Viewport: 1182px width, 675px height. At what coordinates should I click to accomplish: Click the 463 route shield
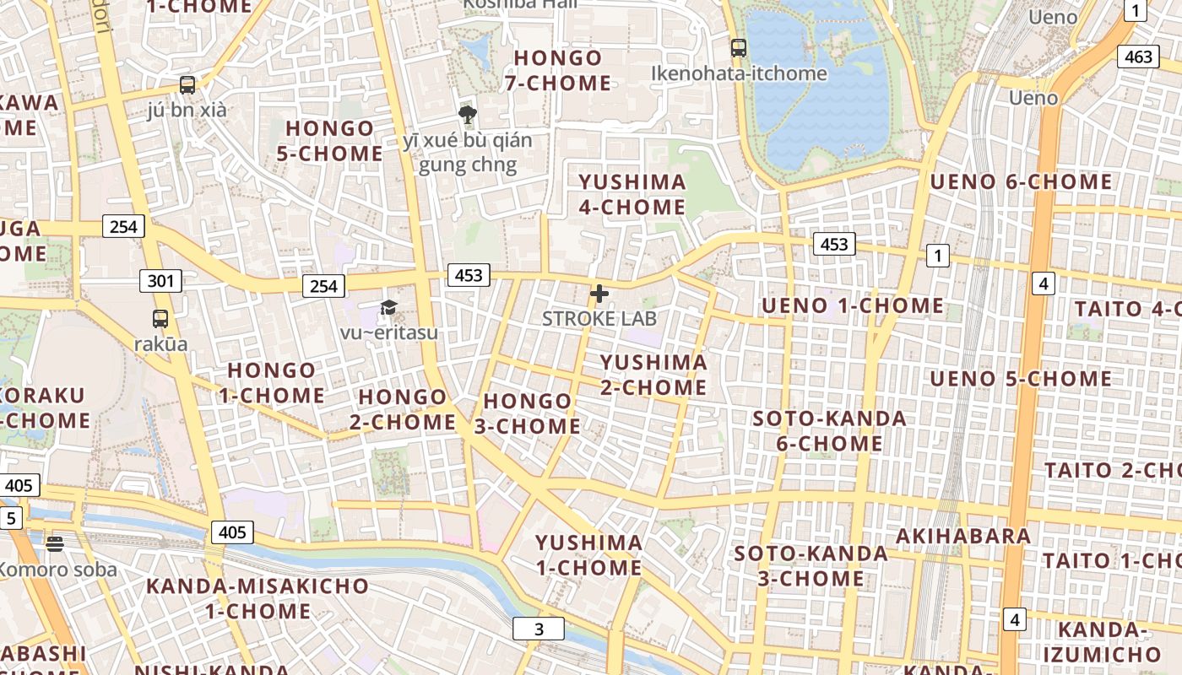pos(1138,57)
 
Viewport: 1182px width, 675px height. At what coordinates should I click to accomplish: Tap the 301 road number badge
pos(160,280)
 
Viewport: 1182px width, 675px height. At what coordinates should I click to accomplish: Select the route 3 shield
pos(539,629)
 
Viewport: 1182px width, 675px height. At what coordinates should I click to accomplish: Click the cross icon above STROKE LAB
pos(599,294)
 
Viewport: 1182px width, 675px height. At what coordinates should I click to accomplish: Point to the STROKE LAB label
pos(599,319)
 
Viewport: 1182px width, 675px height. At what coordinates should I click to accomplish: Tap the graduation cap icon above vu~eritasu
pos(388,307)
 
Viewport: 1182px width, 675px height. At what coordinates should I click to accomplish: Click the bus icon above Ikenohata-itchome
pos(739,48)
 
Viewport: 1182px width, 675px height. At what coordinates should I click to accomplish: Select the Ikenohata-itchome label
pos(739,73)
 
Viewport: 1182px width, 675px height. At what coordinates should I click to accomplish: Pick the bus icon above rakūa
pos(160,319)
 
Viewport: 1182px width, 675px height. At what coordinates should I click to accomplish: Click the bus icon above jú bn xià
pos(187,85)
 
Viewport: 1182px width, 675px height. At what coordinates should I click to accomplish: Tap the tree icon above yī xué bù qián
pos(467,115)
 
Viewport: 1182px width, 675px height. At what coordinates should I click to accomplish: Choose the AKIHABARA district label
pos(963,536)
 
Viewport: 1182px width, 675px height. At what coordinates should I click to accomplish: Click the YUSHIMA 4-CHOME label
pos(632,195)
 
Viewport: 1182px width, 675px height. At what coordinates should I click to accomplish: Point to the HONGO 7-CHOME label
pos(558,71)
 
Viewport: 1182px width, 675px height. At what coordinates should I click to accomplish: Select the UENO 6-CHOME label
pos(1021,182)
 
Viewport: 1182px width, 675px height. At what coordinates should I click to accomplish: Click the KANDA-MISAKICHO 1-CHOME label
pos(258,598)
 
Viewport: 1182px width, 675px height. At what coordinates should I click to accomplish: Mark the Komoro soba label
pos(57,570)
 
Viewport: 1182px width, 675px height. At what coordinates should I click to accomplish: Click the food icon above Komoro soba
pos(56,544)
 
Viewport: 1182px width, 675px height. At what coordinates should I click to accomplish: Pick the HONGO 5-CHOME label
pos(330,141)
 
